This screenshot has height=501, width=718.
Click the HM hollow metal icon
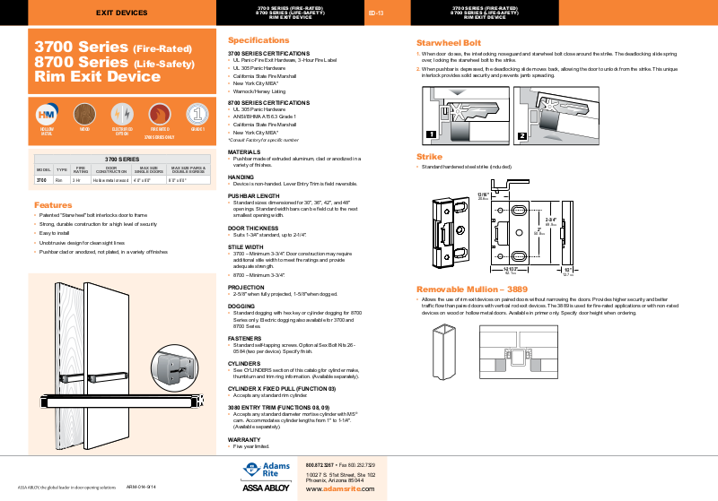[x=47, y=114]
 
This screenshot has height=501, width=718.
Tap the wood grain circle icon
[x=85, y=114]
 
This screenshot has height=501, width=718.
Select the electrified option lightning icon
[x=123, y=114]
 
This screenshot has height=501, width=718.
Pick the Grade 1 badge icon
[x=198, y=114]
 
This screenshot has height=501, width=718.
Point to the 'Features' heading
[x=54, y=204]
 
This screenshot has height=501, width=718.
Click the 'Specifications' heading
[x=258, y=40]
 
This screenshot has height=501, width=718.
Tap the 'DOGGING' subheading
[x=241, y=306]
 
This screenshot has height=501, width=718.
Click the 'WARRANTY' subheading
[x=244, y=440]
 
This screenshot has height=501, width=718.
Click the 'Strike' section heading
[x=429, y=157]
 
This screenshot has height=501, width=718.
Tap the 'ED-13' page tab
[x=376, y=13]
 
